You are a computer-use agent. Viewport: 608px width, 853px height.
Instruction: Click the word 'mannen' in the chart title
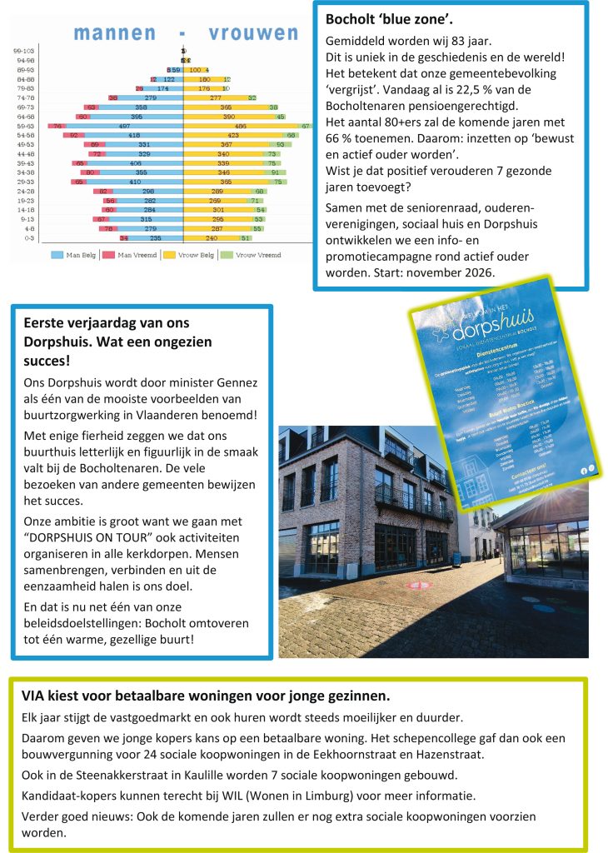(115, 33)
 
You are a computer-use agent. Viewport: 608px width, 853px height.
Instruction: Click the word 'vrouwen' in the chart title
(253, 33)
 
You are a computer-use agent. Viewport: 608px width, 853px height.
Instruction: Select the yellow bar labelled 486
(242, 125)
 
